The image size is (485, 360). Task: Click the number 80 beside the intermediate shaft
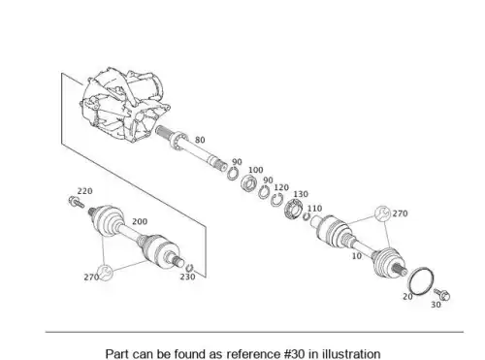click(x=200, y=140)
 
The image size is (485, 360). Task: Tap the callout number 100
click(x=255, y=170)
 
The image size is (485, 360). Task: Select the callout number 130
click(x=301, y=194)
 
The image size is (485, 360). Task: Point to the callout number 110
click(x=314, y=209)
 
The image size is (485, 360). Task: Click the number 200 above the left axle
click(x=140, y=221)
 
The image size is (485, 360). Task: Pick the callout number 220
click(x=84, y=191)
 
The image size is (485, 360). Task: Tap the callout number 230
click(x=187, y=277)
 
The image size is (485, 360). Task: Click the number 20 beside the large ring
click(x=407, y=296)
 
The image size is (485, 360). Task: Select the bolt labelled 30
click(x=442, y=294)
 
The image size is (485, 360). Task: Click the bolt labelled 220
click(x=77, y=202)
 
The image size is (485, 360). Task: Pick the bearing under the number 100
click(x=249, y=183)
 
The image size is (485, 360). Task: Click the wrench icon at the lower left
click(x=105, y=273)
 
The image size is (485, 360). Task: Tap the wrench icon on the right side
click(x=382, y=213)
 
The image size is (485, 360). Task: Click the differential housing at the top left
click(x=124, y=104)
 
